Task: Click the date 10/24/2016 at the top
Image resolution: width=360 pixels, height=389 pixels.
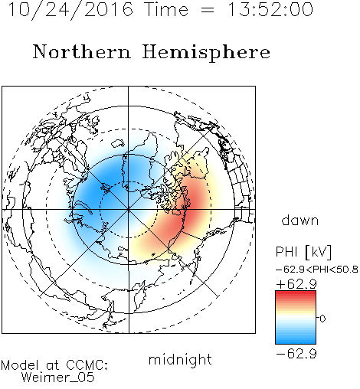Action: [x=70, y=10]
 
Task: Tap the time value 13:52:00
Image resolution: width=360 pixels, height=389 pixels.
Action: [x=270, y=10]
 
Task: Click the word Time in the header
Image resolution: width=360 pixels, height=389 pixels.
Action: [x=166, y=10]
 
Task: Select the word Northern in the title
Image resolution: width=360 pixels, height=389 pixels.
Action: [x=82, y=51]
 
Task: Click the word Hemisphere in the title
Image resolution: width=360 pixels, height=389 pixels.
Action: [x=206, y=52]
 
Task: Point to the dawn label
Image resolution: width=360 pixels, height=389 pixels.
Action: [x=300, y=220]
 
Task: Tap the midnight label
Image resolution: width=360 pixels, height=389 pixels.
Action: [x=180, y=360]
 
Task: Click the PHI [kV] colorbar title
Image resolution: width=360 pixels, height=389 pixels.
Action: [x=303, y=252]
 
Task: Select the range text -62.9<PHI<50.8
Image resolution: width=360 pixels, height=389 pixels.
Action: [x=317, y=270]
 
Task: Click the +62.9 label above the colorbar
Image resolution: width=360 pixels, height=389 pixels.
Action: [x=296, y=284]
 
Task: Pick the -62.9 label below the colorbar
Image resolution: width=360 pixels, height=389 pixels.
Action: [x=296, y=354]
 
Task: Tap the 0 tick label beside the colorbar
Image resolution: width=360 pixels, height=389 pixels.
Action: [x=322, y=319]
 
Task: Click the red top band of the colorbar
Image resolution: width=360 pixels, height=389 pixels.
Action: [x=296, y=294]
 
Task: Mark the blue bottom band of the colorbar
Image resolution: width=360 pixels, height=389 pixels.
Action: [x=296, y=341]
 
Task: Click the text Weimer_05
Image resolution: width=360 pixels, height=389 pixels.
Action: [x=58, y=378]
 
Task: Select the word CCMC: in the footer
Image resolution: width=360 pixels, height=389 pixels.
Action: [x=87, y=365]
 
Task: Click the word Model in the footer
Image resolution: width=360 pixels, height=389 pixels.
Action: [x=20, y=365]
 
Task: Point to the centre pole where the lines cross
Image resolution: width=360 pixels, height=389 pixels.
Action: [x=129, y=210]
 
